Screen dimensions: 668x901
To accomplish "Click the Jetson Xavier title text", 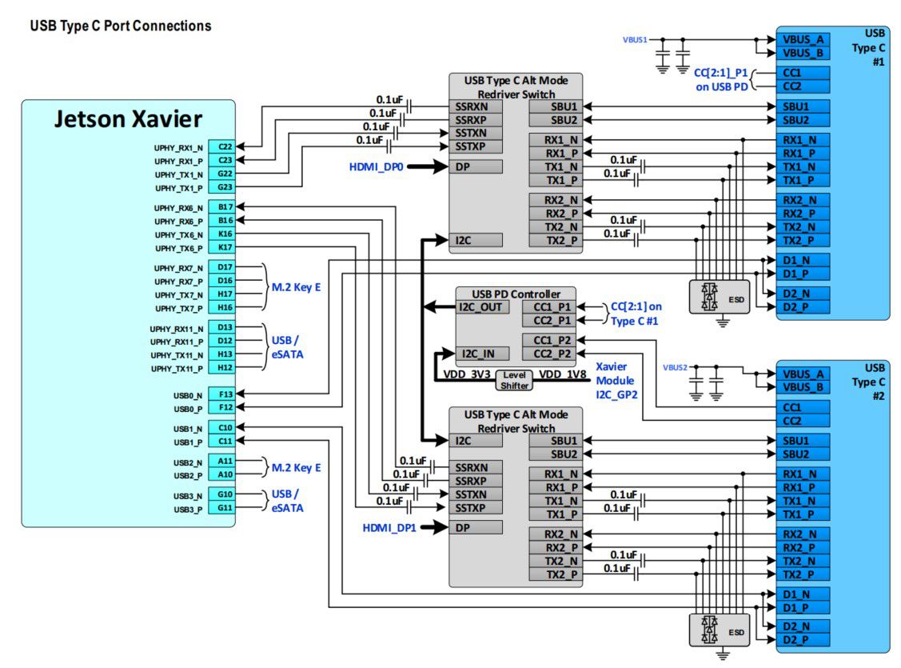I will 128,119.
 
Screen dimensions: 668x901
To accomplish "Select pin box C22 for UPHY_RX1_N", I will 225,147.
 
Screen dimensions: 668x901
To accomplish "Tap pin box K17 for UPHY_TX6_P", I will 225,248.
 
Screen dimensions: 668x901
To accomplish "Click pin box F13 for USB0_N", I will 225,394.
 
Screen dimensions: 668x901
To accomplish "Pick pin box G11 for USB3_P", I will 225,508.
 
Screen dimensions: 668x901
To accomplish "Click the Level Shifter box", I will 514,380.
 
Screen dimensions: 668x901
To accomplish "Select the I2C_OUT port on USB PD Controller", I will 482,307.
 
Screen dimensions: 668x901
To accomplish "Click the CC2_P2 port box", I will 548,354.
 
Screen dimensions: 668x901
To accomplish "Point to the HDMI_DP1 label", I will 389,527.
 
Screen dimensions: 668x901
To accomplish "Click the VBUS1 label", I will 635,38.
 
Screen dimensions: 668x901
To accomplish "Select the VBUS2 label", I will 675,367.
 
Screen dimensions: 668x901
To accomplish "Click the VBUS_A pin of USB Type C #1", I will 802,38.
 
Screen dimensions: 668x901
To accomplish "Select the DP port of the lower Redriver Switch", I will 476,527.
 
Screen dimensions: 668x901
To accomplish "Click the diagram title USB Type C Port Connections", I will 121,26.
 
